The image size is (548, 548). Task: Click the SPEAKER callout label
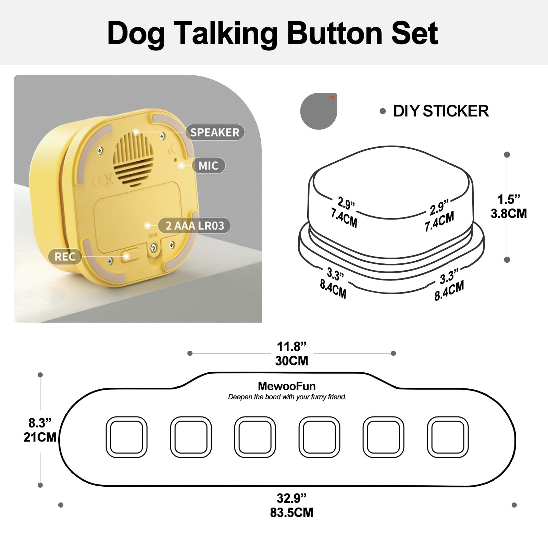click(x=215, y=132)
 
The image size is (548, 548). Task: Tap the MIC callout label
click(x=208, y=166)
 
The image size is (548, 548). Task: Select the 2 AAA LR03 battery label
click(x=195, y=226)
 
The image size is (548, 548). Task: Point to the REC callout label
click(x=65, y=257)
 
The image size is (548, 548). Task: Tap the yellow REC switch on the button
click(x=130, y=256)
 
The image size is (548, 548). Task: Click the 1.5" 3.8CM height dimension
click(x=509, y=207)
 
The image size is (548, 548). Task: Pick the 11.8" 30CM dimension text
click(x=291, y=354)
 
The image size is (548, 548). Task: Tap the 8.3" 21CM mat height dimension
click(x=40, y=430)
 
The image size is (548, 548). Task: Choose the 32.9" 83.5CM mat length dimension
click(x=291, y=505)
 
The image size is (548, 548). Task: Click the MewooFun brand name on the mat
click(x=287, y=386)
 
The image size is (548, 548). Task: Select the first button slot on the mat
click(x=126, y=437)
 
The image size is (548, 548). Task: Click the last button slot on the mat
click(x=448, y=437)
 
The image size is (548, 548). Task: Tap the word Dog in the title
click(x=136, y=34)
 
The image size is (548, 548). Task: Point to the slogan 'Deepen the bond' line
click(x=287, y=397)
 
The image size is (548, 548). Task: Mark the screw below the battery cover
click(x=153, y=248)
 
